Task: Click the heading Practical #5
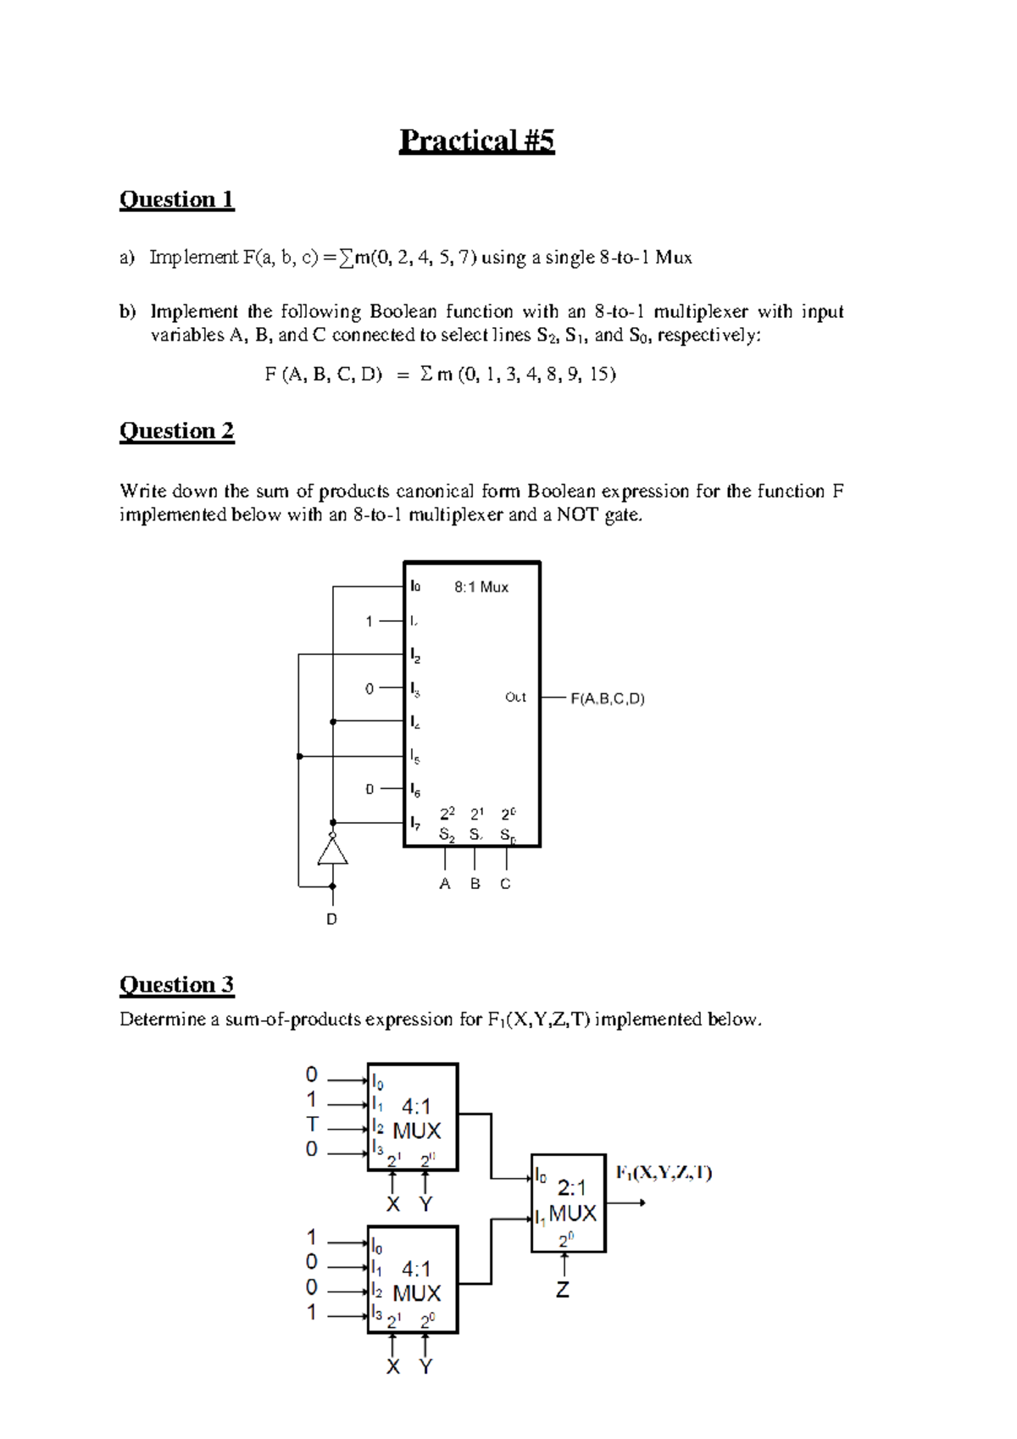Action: click(476, 141)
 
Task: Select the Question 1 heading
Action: click(176, 200)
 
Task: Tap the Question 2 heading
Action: click(176, 431)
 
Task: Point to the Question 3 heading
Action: click(176, 985)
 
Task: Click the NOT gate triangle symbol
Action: click(332, 850)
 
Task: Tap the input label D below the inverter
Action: click(331, 919)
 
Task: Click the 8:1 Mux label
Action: click(481, 587)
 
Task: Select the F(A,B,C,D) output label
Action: click(607, 699)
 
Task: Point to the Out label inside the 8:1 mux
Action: click(515, 697)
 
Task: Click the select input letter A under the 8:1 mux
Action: click(445, 884)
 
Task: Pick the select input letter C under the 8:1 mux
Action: click(505, 884)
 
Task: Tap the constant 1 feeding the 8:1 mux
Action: click(369, 621)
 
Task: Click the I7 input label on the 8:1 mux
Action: click(415, 822)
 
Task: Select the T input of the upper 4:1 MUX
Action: click(312, 1125)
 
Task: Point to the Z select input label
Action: click(563, 1290)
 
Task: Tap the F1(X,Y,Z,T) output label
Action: click(664, 1173)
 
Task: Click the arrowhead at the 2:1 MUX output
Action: click(642, 1203)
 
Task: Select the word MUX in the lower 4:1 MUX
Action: click(417, 1293)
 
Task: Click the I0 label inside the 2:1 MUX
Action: click(541, 1175)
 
